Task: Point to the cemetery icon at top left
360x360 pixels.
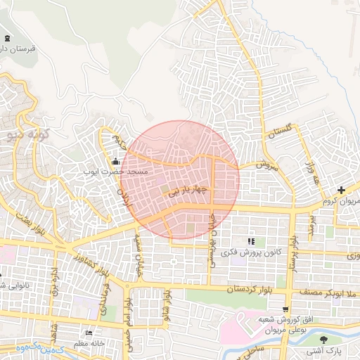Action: [x=7, y=38]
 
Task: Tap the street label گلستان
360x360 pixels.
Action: [x=294, y=131]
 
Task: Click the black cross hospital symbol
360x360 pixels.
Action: [x=341, y=190]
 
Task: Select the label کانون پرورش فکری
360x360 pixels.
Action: [x=251, y=251]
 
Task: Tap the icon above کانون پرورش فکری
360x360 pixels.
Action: [x=251, y=241]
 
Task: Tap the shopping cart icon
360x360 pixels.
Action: [x=285, y=309]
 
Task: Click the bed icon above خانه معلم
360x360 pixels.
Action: [x=88, y=333]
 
